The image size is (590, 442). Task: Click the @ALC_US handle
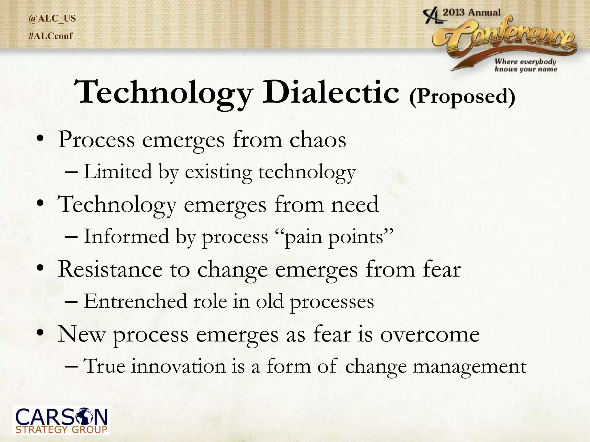point(52,18)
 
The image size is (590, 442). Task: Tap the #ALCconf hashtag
point(51,36)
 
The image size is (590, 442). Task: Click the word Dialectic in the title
point(331,92)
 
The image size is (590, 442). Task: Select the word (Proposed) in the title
point(462,96)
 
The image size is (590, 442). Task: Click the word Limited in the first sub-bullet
point(118,172)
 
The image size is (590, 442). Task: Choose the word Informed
point(126,237)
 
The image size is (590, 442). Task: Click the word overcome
point(430,334)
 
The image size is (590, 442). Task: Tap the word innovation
point(179,366)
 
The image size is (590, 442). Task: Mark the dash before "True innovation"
point(71,366)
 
